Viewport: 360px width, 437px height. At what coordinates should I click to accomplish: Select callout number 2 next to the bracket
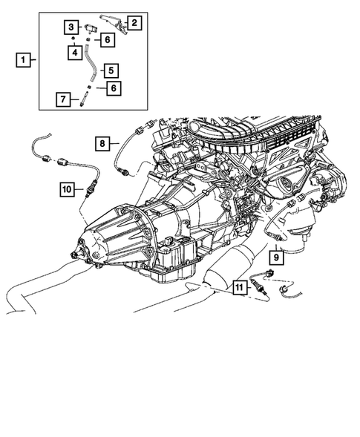tap(134, 22)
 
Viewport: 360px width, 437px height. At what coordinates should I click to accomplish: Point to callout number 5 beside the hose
tap(110, 71)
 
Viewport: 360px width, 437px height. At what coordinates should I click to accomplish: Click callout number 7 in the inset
tap(65, 99)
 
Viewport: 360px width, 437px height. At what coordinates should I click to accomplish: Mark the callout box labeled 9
tap(274, 257)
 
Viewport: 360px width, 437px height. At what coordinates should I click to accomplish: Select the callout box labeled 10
tap(67, 191)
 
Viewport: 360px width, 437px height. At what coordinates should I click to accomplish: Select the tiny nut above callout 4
tap(75, 39)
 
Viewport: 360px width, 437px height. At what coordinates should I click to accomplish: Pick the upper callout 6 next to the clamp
tap(107, 39)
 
